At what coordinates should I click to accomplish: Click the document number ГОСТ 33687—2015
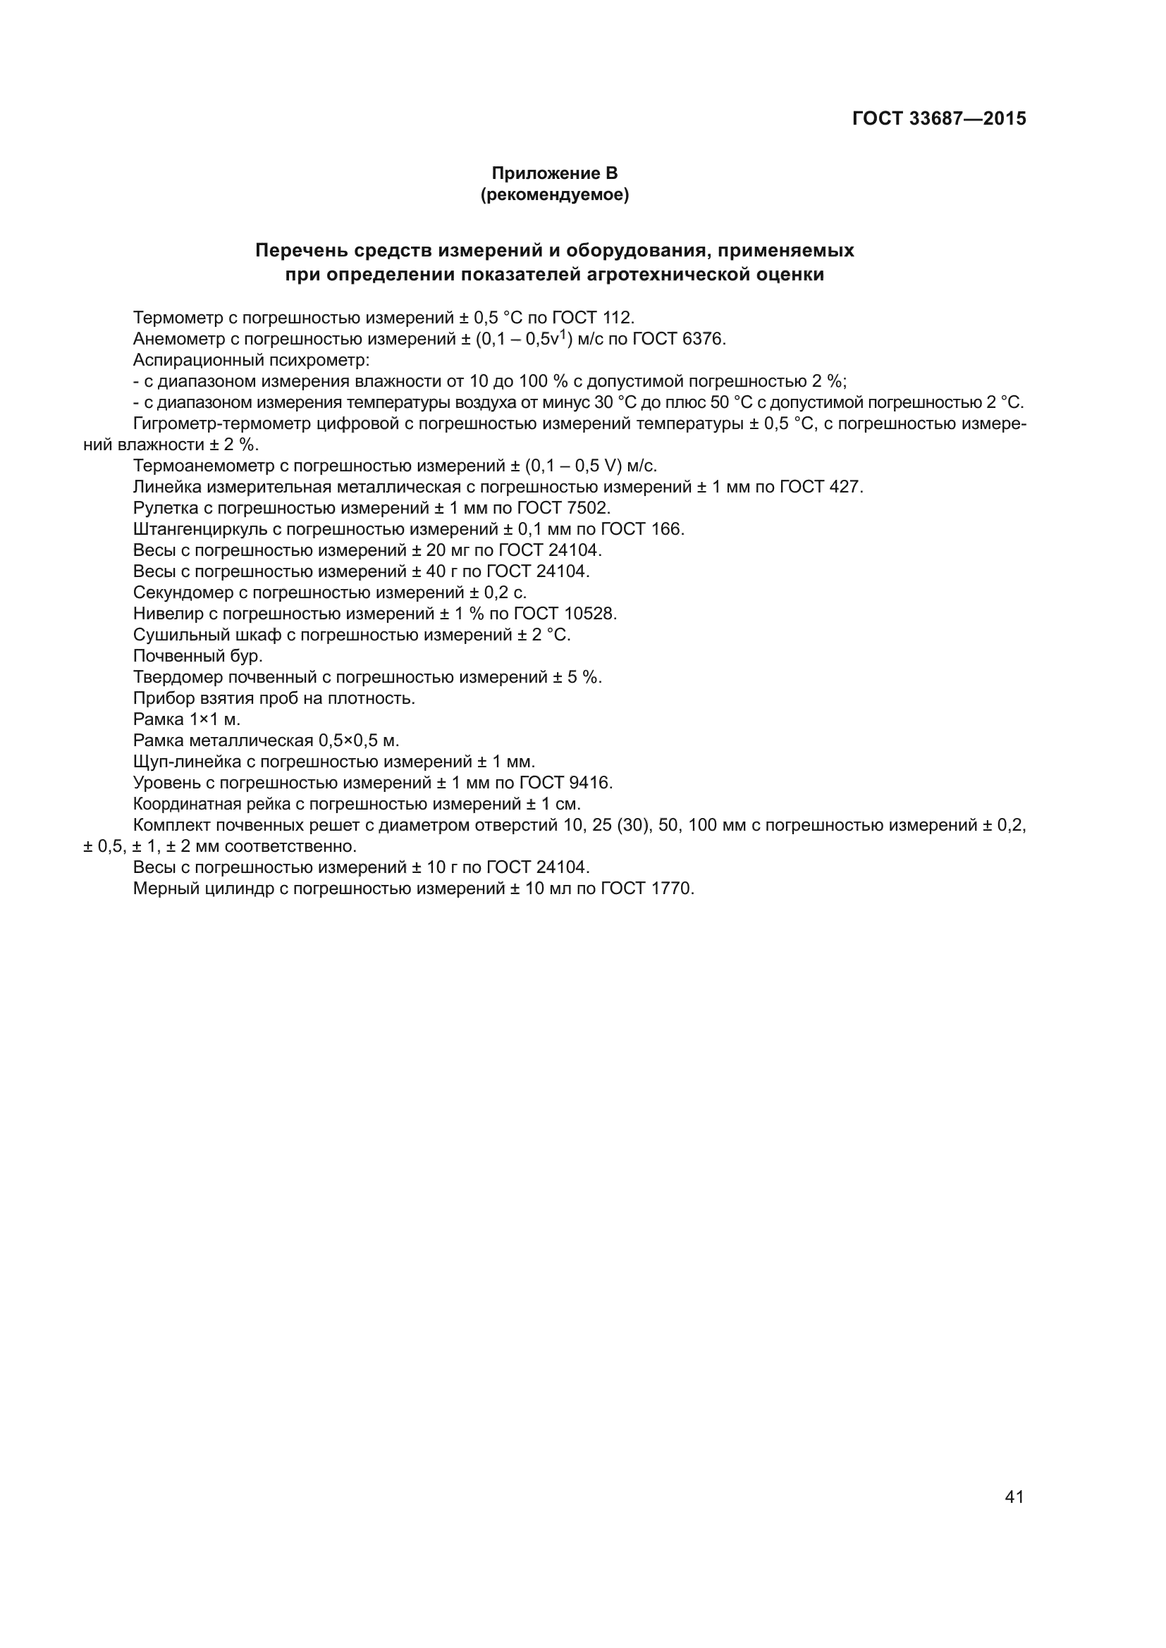point(938,118)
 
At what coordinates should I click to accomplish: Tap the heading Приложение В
point(553,173)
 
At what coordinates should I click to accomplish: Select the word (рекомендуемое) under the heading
point(553,194)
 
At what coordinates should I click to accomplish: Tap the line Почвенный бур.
point(197,655)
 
